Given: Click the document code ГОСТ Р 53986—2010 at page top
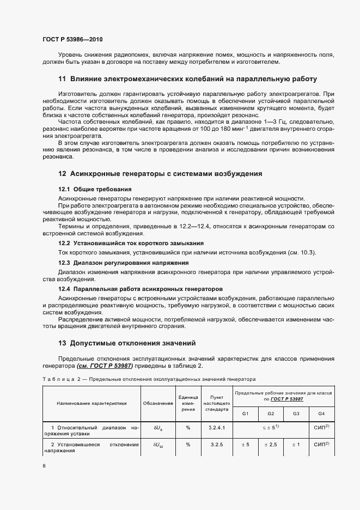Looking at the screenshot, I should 72,40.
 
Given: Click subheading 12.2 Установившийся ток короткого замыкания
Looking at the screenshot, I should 131,242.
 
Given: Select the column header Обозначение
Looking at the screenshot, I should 158,404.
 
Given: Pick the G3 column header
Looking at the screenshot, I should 296,414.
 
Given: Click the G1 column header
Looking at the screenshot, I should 246,414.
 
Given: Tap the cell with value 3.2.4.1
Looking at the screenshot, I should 216,428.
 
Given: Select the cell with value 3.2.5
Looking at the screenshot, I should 216,445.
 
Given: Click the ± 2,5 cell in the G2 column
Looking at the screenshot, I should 271,445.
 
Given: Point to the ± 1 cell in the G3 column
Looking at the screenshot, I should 296,445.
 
